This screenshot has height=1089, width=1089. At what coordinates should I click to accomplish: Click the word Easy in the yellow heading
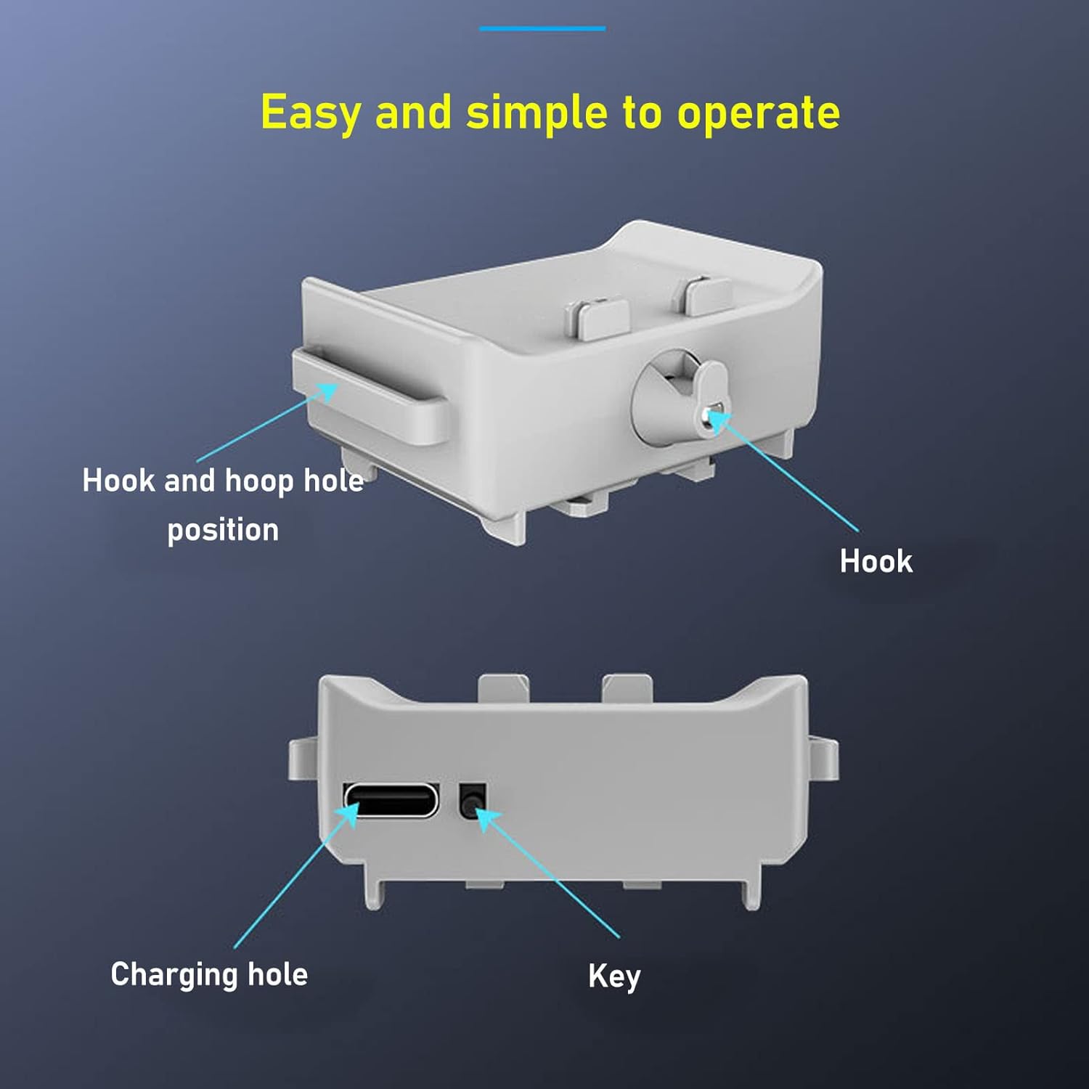(310, 113)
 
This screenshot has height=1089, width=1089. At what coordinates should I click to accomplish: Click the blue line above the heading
(542, 29)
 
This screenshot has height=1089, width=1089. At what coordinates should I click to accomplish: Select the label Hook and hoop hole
(223, 481)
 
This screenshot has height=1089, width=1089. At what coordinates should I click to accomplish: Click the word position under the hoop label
(223, 530)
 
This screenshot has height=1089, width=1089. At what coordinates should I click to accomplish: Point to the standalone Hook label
(876, 561)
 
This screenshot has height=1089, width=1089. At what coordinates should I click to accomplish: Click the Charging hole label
(209, 974)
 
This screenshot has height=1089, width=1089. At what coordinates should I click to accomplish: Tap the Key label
(614, 976)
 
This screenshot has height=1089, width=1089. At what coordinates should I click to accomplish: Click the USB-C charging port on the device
(392, 799)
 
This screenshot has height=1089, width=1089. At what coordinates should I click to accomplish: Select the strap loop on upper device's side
(370, 396)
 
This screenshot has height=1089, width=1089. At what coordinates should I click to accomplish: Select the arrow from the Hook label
(784, 472)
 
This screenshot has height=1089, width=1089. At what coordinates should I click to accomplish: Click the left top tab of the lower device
(503, 688)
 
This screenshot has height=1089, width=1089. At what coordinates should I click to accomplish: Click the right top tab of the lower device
(628, 688)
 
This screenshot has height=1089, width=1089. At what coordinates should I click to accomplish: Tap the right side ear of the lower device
(824, 759)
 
